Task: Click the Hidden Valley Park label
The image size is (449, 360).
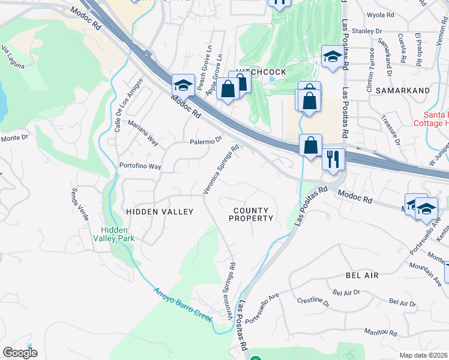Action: coord(118,234)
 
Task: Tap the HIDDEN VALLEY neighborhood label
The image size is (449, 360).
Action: coord(159,212)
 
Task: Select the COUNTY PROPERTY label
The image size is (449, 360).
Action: coord(252,214)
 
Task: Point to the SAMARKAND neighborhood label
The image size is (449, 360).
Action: coord(403,91)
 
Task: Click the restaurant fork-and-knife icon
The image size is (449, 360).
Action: coord(333,160)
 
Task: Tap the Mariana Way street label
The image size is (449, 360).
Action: coord(143,133)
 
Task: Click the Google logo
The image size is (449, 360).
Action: coord(20,353)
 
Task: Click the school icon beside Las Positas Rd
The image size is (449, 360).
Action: coord(332,57)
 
